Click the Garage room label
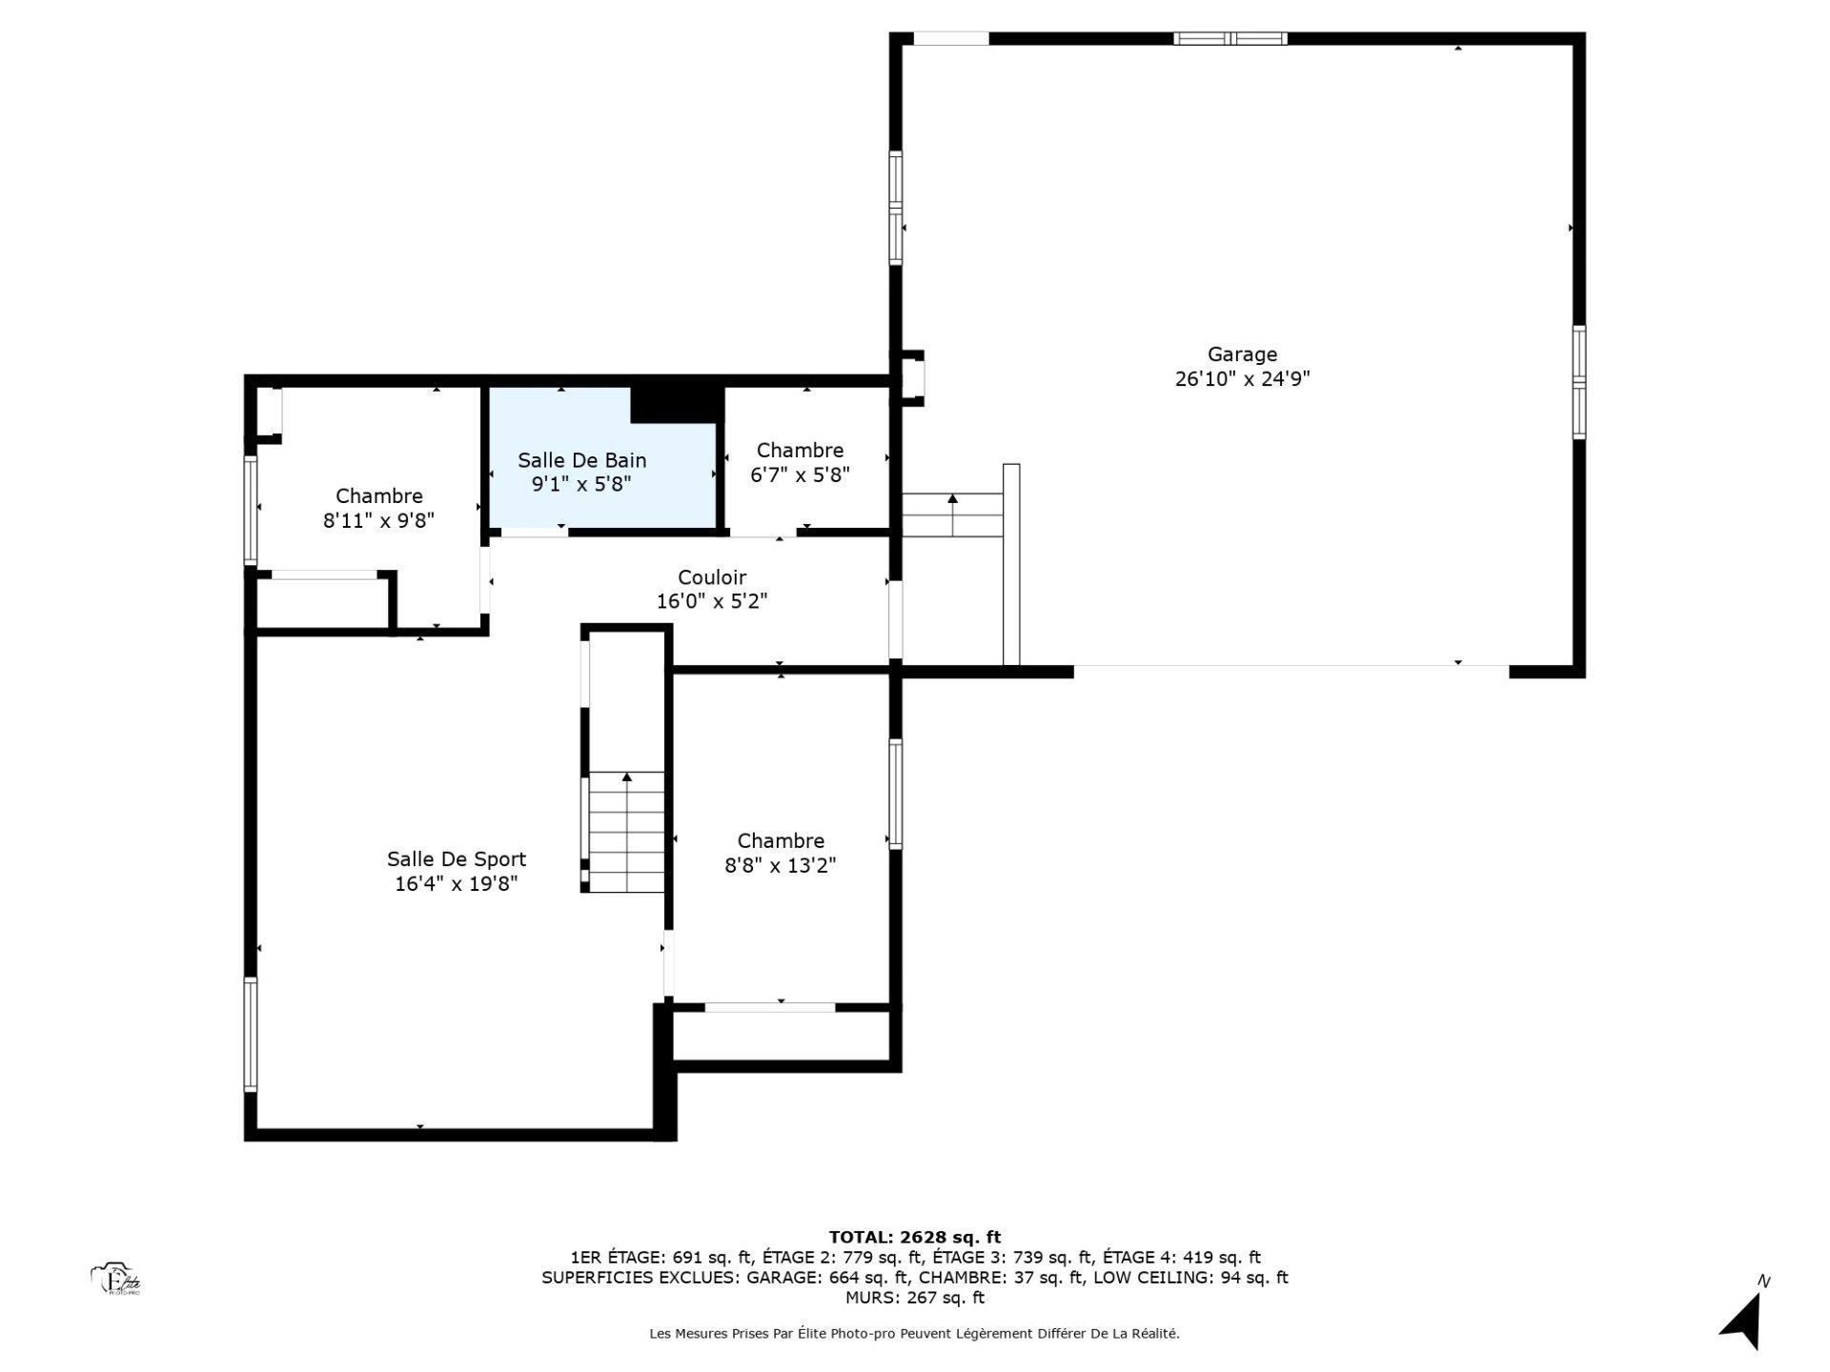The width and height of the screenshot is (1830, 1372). pos(1242,354)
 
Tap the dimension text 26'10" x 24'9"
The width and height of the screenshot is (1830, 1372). pos(1242,379)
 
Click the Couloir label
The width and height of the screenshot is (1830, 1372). pos(712,577)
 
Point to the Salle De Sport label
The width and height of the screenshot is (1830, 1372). pos(456,859)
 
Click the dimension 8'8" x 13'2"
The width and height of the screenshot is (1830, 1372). pos(780,866)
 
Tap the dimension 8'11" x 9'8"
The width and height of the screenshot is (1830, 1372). pos(378,520)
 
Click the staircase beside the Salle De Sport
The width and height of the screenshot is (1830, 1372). pos(626,831)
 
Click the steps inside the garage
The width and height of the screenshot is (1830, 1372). pos(952,515)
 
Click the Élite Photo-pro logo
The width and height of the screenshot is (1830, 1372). pos(116,1280)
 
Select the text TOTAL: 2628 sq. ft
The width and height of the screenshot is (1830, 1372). pos(914,1238)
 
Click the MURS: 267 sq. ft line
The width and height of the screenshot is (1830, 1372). pos(914,1298)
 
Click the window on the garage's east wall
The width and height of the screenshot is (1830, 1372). pos(1578,382)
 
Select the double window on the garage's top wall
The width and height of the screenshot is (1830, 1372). pos(1230,39)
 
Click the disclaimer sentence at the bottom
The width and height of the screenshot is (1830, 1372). pos(914,1334)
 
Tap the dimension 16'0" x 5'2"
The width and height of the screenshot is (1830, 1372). pos(712,602)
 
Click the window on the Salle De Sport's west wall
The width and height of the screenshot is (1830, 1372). pos(251,1034)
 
